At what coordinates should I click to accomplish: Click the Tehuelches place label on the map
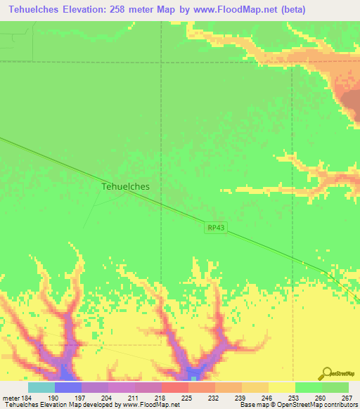[x=126, y=187]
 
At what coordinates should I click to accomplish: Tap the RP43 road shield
[x=216, y=227]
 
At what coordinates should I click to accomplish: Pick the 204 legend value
[x=108, y=398]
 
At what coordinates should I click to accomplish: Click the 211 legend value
[x=135, y=398]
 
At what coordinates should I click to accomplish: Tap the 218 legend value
[x=162, y=398]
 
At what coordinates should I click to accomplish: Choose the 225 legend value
[x=188, y=398]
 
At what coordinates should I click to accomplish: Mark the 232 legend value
[x=215, y=398]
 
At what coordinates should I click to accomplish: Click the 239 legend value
[x=242, y=398]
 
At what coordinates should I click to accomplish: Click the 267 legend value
[x=347, y=398]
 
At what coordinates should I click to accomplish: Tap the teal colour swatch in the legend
[x=41, y=387]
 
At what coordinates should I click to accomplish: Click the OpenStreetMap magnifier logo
[x=327, y=372]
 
